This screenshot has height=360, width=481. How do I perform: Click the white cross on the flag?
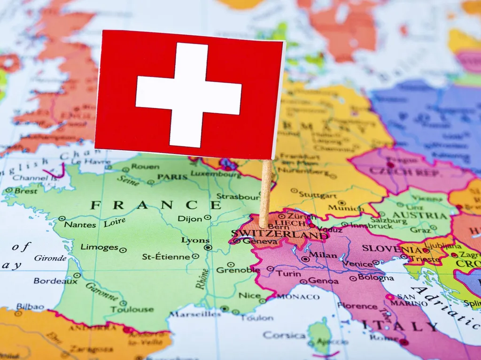188,95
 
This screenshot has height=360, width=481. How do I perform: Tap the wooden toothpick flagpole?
265,193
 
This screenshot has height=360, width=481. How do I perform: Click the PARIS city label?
172,177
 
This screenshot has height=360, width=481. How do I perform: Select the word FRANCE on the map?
155,205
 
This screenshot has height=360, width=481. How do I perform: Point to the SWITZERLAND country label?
280,234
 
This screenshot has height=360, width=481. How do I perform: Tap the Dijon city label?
191,218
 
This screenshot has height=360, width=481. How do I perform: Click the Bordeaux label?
55,281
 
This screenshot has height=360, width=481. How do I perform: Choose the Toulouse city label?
132,309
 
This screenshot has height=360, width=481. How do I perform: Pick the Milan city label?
324,255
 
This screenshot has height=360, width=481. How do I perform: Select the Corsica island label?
284,335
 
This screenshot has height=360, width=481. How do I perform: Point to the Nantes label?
80,224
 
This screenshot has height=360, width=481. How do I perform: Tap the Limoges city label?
99,247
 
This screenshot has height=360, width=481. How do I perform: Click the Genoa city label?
323,281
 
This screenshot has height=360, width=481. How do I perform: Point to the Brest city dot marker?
9,190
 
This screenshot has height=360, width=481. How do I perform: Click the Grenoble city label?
238,270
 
